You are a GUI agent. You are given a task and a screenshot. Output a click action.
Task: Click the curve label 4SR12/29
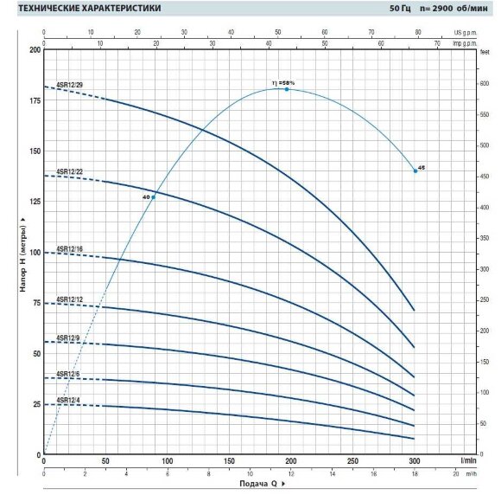(69, 84)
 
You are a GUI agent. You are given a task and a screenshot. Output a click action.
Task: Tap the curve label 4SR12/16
(69, 250)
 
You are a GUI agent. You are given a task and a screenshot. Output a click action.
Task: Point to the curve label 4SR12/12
(69, 299)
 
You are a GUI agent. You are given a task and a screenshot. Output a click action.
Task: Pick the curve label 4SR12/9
(67, 337)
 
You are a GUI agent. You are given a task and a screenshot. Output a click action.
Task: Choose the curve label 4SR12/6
(67, 374)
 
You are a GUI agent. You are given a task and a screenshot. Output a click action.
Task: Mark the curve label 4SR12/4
(67, 401)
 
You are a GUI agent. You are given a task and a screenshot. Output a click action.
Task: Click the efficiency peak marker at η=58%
(287, 89)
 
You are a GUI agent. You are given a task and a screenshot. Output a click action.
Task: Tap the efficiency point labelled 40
(153, 197)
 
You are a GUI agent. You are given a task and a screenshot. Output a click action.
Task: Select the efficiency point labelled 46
(415, 170)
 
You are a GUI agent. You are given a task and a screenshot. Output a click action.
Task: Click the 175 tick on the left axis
(35, 101)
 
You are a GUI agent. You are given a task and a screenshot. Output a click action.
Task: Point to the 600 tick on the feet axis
(485, 84)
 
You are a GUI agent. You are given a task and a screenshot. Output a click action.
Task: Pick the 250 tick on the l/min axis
(352, 461)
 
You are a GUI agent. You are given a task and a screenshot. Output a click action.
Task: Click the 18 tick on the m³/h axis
(415, 474)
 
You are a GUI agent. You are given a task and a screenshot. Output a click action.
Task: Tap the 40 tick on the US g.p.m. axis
(230, 31)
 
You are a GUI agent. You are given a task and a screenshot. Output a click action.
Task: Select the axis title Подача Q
(257, 486)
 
